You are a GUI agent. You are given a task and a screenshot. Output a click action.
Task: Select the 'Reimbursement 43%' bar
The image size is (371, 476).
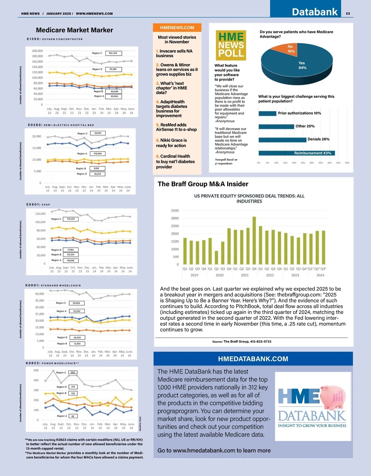(x=296, y=153)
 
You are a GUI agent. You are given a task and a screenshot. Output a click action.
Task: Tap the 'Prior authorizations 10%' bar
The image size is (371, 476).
(x=267, y=114)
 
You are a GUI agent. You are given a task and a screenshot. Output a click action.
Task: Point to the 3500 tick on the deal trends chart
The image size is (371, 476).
(x=175, y=211)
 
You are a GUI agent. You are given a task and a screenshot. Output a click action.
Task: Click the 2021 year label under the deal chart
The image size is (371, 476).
(x=245, y=275)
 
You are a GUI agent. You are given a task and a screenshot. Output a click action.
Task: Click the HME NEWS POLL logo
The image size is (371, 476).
(x=231, y=45)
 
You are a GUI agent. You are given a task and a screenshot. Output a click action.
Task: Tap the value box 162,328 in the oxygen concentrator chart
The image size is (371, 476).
(x=113, y=53)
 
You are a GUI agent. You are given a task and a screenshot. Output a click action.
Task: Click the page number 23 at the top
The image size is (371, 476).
(x=348, y=14)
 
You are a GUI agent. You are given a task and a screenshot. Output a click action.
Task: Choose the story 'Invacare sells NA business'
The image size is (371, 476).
(x=174, y=54)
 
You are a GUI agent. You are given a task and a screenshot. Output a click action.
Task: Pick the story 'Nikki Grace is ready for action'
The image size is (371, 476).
(x=171, y=143)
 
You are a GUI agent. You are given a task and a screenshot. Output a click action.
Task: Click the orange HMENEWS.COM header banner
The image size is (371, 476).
(x=177, y=28)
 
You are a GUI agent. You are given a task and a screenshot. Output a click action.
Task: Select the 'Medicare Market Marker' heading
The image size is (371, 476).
(x=75, y=30)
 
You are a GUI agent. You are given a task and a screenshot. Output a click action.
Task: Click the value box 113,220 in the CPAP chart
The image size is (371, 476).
(x=71, y=219)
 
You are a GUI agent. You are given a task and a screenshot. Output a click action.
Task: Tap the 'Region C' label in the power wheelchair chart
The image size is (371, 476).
(x=61, y=373)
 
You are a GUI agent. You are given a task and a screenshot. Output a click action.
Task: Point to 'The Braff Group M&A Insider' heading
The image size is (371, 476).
(x=203, y=184)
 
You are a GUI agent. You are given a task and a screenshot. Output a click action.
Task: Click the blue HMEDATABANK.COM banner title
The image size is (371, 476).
(x=253, y=359)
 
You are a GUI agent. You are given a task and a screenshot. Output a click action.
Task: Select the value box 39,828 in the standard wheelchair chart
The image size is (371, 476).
(x=76, y=303)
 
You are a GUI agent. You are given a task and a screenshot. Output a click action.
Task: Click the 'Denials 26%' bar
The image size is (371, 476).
(x=282, y=140)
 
